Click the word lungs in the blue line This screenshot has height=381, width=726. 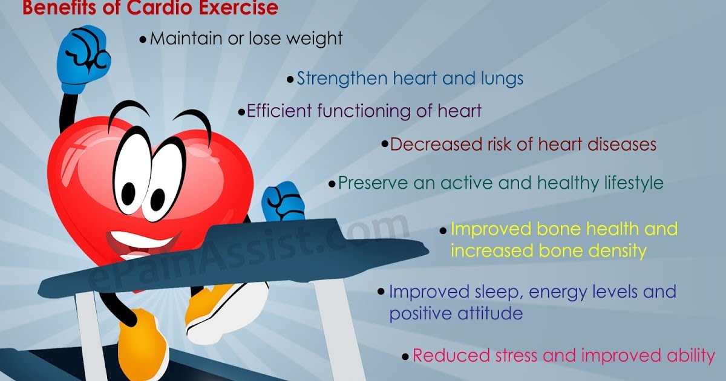pyautogui.click(x=498, y=79)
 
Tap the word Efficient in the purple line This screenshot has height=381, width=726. pyautogui.click(x=275, y=111)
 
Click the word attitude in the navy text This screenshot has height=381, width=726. pyautogui.click(x=488, y=314)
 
